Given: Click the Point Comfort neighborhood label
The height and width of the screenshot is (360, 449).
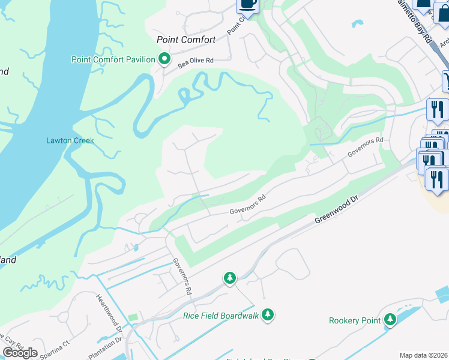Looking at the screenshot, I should pos(185,40).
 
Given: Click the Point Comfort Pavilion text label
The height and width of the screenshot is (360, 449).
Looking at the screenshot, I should pos(113,59).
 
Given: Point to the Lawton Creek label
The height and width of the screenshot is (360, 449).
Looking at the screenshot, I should pos(70,141).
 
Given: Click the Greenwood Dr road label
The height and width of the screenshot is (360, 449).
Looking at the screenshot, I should pos(338,213).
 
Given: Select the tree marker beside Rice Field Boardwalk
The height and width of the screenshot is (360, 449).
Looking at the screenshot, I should pos(267,314).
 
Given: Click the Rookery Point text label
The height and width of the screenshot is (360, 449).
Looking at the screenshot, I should pos(355,320).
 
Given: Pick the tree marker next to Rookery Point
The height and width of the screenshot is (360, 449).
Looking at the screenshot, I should pos(390,320).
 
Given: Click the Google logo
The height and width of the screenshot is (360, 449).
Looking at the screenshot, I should pos(20,352).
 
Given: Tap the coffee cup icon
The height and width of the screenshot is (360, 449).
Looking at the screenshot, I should pos(247,5).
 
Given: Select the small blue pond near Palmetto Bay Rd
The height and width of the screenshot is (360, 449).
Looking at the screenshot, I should pos(358,25).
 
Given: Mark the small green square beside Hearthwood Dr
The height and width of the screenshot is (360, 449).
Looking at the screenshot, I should pos(133,316).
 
